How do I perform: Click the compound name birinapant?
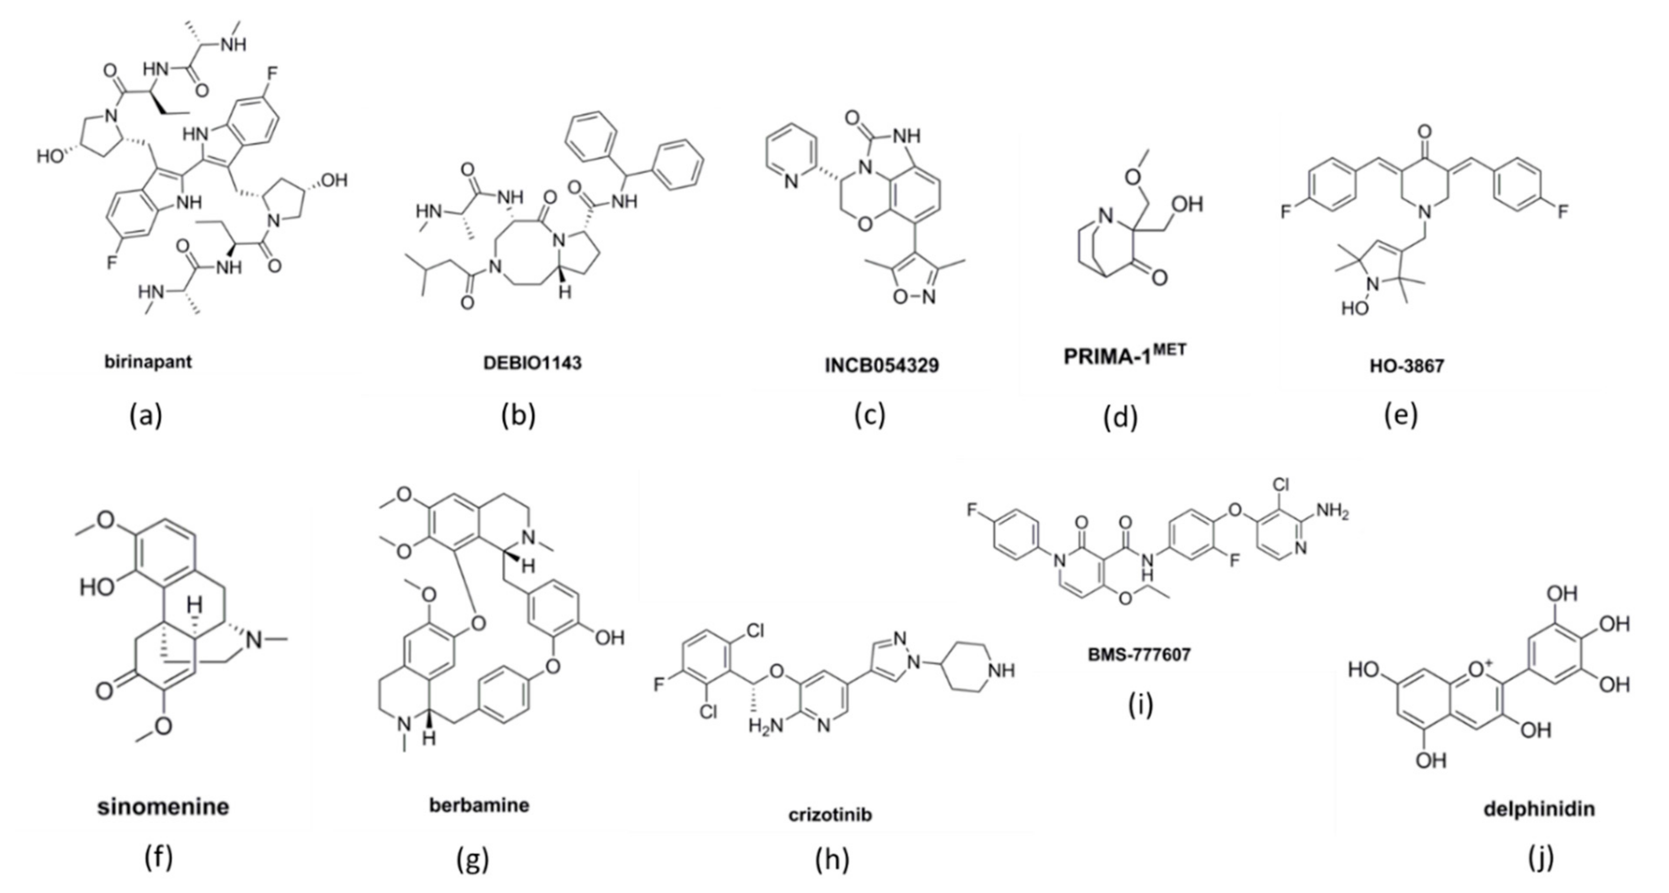(x=149, y=361)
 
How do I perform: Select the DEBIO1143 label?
(x=532, y=363)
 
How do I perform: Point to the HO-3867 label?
(x=1406, y=366)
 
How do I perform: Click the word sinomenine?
(x=163, y=807)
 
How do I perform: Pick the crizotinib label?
(x=830, y=814)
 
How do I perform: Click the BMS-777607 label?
(x=1139, y=654)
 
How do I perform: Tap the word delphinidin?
(x=1539, y=809)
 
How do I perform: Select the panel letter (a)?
(x=145, y=415)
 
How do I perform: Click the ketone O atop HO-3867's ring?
(x=1424, y=133)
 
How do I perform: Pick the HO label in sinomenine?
(x=97, y=588)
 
